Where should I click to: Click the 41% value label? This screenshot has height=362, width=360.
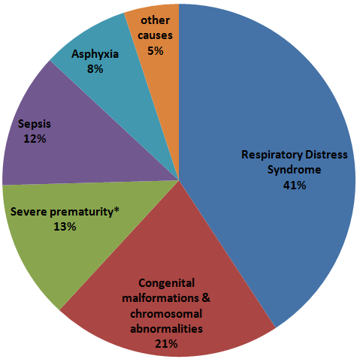pos(295,186)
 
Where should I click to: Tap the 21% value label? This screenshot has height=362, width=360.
pos(166,344)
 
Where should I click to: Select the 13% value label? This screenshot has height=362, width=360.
pos(65,227)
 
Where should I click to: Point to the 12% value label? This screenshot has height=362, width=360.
pos(35,139)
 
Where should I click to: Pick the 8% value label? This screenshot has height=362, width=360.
pos(95,69)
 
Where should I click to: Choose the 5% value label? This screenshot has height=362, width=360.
pos(156,51)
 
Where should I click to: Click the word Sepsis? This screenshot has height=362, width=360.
pos(35,124)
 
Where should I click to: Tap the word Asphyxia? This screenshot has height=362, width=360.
pos(95,54)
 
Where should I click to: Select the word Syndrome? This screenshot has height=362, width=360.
pos(294,170)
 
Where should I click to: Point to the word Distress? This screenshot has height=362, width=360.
pos(327,155)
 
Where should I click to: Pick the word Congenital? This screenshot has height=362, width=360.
pos(166,283)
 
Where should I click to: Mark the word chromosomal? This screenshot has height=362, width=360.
pos(166,313)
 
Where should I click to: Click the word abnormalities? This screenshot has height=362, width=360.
pos(166,328)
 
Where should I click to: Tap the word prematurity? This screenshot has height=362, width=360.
pos(81,212)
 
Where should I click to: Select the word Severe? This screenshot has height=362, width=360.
pos(29,212)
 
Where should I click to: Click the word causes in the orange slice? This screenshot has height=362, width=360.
pos(155,35)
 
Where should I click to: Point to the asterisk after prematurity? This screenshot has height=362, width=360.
pos(116,210)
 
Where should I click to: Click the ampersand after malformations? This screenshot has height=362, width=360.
pos(206,298)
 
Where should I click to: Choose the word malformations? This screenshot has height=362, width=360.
pos(160,298)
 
